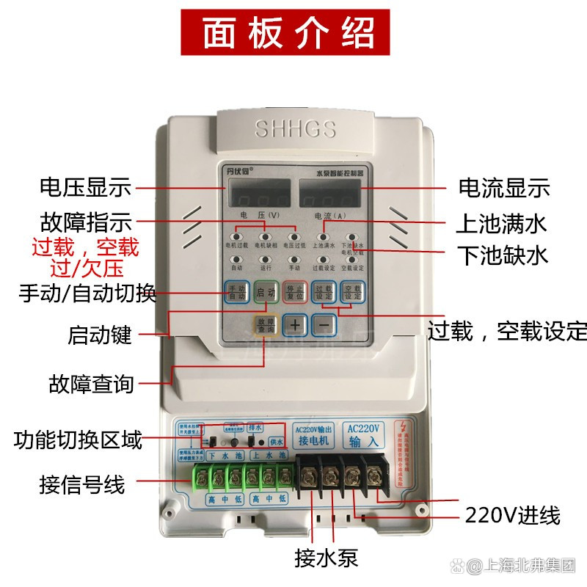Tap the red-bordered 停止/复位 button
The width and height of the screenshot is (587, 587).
[294, 293]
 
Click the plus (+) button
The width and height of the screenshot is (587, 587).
[295, 324]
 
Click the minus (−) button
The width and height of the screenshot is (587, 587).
[324, 324]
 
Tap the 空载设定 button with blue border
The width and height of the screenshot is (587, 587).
[353, 293]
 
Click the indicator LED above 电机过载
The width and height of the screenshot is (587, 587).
[236, 237]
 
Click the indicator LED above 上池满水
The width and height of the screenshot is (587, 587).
[324, 237]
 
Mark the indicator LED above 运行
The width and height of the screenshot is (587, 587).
[265, 259]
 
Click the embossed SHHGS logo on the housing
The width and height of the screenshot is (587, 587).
[295, 130]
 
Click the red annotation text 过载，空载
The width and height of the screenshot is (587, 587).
[84, 246]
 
